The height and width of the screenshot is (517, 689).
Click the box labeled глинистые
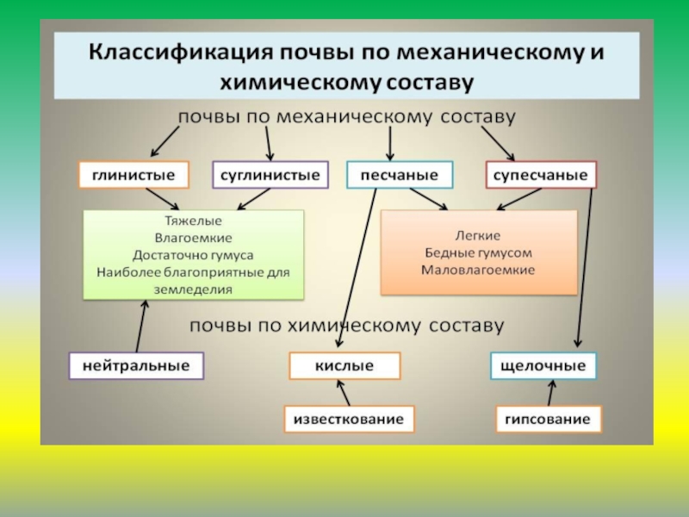[133, 176]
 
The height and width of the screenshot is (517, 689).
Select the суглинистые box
[270, 176]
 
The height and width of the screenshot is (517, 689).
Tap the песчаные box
[399, 176]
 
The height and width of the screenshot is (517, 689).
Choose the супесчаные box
[541, 176]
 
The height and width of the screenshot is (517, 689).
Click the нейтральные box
[136, 366]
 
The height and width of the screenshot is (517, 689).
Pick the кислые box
[344, 366]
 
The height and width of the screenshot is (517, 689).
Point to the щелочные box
[543, 366]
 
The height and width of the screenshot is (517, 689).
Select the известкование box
[349, 420]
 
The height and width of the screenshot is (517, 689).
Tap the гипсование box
[548, 420]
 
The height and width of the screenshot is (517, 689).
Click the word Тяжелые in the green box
[193, 221]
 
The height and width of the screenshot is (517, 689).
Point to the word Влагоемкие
[193, 238]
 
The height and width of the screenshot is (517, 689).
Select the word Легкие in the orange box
[478, 234]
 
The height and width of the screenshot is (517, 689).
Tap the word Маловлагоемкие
[478, 270]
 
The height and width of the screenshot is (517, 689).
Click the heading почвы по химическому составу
[346, 327]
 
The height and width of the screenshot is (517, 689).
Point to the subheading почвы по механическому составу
[346, 115]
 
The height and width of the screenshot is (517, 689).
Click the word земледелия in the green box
[193, 290]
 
